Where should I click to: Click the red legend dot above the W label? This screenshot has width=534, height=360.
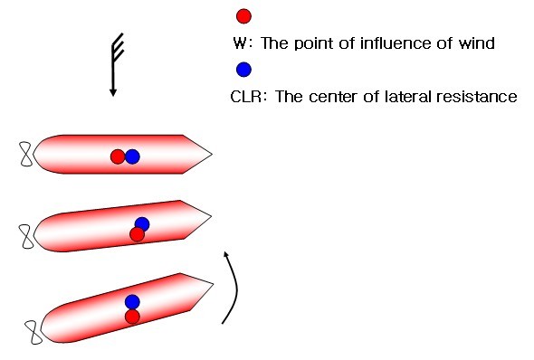point(243,16)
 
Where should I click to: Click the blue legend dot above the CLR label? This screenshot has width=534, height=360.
point(243,70)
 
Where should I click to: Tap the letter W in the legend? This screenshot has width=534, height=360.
point(240,43)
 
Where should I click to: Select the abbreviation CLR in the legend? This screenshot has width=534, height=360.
point(246,97)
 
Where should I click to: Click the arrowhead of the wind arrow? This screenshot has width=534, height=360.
point(113,92)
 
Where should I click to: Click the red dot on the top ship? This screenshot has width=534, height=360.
point(118,156)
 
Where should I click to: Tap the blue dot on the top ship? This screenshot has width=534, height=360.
point(132,156)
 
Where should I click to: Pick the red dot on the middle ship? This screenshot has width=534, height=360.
point(137,234)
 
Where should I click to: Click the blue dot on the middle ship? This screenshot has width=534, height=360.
point(142,224)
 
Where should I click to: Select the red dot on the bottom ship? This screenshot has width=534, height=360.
point(132,317)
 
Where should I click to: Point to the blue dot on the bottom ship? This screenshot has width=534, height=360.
point(132,302)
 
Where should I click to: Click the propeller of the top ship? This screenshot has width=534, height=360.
point(26,154)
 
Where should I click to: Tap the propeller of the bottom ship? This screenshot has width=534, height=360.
point(34,332)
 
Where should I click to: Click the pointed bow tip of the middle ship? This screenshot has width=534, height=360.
point(211,216)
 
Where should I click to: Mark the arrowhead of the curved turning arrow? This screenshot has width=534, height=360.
point(225,254)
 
